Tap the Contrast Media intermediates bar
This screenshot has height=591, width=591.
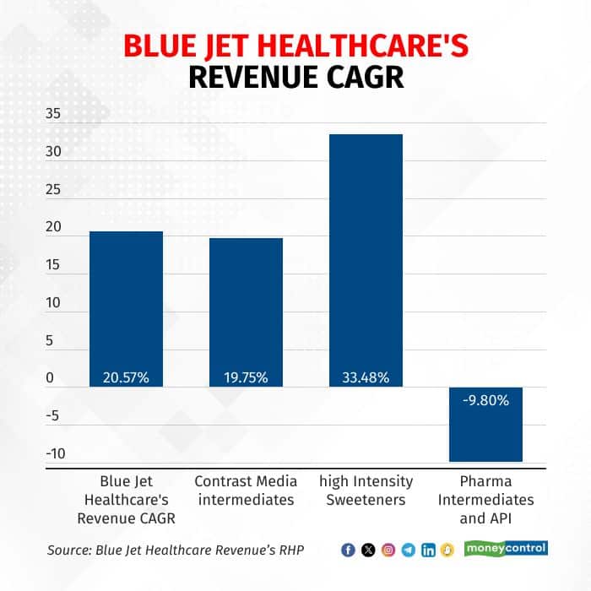point(246,304)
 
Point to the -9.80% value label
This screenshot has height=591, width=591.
point(485,400)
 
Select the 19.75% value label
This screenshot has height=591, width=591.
point(246,377)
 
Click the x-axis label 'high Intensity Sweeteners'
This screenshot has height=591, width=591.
point(366,490)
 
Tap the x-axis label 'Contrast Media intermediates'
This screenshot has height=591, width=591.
point(246,490)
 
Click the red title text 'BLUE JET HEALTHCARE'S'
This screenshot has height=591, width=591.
point(295,46)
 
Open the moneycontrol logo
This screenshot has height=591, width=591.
point(506,549)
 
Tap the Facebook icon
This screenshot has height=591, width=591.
point(348,550)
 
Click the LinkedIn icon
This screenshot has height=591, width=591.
point(428,550)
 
